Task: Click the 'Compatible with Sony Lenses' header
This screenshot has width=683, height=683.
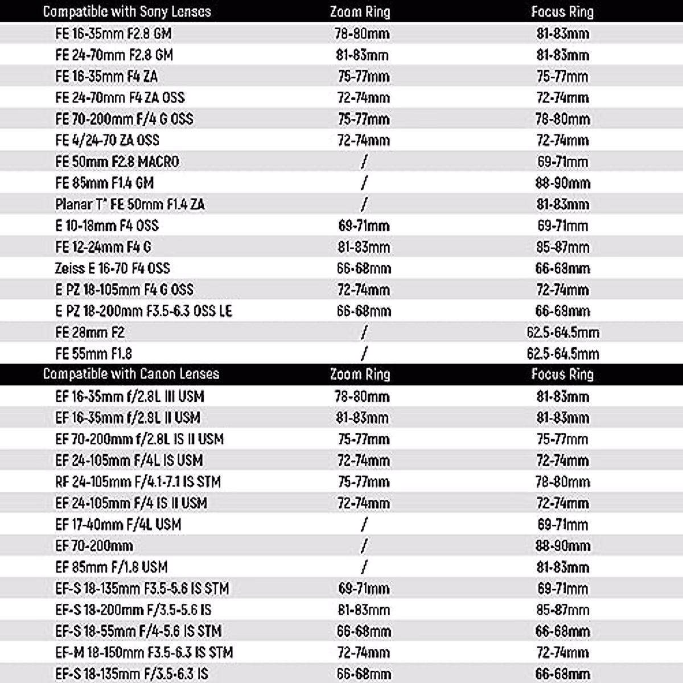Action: [x=127, y=11]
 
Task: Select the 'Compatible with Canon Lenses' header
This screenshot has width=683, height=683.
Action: [x=131, y=374]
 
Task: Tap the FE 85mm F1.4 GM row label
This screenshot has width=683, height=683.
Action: [x=105, y=183]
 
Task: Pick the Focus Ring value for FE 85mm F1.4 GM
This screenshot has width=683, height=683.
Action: [x=562, y=183]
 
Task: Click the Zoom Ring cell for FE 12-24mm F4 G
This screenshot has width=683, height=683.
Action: [x=363, y=247]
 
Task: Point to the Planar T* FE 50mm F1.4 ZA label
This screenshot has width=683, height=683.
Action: [x=130, y=204]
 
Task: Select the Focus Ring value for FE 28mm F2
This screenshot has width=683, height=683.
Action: [x=562, y=332]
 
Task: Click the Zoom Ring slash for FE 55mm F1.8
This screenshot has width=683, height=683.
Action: [x=364, y=353]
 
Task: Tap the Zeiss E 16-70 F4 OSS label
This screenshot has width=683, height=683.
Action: [x=112, y=268]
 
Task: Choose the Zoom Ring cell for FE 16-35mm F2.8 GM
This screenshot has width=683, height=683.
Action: [x=362, y=34]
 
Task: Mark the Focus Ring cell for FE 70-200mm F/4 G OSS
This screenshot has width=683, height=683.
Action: [x=562, y=119]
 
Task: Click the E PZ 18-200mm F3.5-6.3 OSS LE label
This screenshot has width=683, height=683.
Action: [x=143, y=311]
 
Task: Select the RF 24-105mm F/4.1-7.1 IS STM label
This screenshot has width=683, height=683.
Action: [x=138, y=482]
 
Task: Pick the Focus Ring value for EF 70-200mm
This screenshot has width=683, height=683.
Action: [x=562, y=546]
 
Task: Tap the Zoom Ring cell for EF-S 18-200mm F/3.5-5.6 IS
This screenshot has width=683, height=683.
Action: [x=363, y=610]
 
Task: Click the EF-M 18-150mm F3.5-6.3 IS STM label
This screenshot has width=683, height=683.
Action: [x=144, y=652]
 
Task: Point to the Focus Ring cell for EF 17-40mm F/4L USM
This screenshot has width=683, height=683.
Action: [x=562, y=524]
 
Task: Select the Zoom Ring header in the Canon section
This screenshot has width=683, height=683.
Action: [x=360, y=374]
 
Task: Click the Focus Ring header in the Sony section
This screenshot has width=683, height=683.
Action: [x=562, y=11]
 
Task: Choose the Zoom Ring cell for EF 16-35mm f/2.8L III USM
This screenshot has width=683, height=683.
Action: [x=362, y=396]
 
